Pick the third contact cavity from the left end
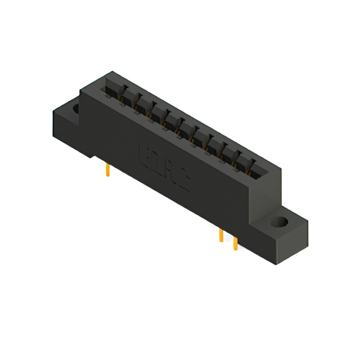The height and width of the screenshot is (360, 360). (143, 107)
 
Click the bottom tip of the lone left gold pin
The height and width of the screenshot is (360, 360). (106, 176)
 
